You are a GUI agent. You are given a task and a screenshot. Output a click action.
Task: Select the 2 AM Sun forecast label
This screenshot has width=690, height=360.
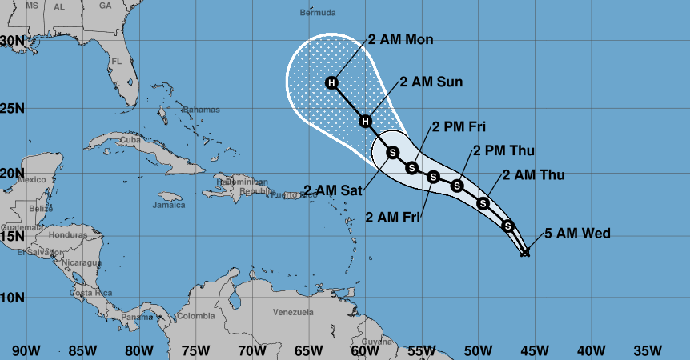[431, 81]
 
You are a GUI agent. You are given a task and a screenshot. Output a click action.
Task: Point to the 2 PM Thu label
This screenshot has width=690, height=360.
[503, 150]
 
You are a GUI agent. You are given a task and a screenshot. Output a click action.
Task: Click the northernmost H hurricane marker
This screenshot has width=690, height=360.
[331, 83]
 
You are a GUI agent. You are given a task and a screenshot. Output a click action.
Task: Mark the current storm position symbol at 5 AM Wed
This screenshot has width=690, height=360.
[525, 253]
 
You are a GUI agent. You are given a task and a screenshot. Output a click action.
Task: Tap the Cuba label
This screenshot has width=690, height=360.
[129, 142]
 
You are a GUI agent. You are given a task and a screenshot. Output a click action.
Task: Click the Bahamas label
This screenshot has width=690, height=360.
[201, 109]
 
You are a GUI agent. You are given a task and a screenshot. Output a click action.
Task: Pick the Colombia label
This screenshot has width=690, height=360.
[195, 316]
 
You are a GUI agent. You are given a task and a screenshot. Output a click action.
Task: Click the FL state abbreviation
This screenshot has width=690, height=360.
[117, 61]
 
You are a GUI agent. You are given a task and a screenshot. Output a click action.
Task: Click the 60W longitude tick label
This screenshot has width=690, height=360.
[364, 350]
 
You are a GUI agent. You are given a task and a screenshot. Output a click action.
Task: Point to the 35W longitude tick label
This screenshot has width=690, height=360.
[647, 350]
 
